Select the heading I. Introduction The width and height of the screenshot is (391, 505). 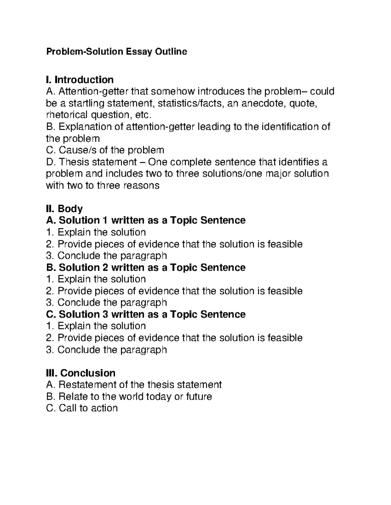pos(80,80)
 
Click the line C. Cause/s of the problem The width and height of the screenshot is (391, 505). pos(105,150)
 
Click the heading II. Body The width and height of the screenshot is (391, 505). pos(64,209)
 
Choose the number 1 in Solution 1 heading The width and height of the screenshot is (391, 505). pos(105,220)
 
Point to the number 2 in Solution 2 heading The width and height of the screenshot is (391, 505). pos(105,267)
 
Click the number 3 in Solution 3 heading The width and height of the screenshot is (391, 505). pos(105,314)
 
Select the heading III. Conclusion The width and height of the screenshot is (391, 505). pos(80,373)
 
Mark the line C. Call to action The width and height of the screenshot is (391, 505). pos(82,408)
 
